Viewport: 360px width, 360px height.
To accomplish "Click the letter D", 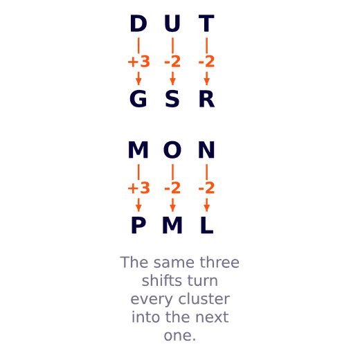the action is (138, 24).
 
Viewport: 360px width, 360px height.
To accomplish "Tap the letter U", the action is (172, 24).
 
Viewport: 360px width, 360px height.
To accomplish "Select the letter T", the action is (206, 24).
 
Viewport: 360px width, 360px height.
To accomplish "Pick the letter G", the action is (138, 99).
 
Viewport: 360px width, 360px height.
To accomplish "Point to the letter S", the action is (172, 99).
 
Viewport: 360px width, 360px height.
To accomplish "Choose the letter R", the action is (207, 99).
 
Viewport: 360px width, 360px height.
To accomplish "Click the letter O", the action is (172, 150).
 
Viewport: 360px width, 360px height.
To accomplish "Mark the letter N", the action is (206, 150).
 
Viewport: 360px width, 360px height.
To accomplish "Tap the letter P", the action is (138, 225).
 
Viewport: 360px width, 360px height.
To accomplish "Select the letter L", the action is (206, 225).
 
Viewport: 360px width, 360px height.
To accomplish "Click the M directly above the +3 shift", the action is (138, 150).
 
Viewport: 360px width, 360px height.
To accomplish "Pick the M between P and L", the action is (172, 225).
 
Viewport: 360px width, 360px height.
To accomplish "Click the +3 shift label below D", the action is (138, 62).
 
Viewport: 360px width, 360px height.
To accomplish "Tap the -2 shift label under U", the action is (172, 62).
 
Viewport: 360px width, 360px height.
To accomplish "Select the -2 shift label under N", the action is (206, 188).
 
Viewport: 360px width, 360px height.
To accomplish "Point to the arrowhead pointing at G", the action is (138, 82).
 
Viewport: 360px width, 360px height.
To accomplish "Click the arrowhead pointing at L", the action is (207, 208).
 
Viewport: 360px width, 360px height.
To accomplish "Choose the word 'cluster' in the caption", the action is (204, 299).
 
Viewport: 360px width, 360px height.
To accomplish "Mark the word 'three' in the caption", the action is (219, 262).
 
